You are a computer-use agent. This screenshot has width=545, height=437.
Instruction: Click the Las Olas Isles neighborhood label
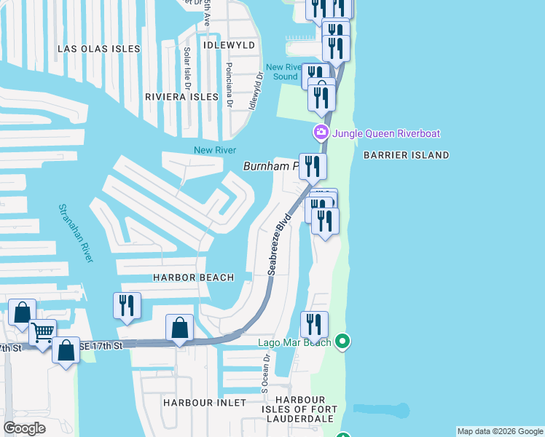click(98, 49)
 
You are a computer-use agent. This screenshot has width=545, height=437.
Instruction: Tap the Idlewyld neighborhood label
click(231, 45)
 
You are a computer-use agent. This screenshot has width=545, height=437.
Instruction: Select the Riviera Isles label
click(181, 97)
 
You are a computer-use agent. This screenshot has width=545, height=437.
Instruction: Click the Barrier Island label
click(406, 155)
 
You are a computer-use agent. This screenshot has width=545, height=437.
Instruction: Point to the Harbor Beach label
click(193, 277)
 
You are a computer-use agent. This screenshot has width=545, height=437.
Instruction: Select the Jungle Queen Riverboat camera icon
click(320, 133)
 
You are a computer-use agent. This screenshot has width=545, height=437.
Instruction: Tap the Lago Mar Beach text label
click(294, 342)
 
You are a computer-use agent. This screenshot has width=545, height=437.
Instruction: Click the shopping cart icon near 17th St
click(43, 332)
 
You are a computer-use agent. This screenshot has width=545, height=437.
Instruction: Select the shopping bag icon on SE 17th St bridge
click(179, 328)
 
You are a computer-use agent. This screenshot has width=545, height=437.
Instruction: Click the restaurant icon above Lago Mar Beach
click(314, 324)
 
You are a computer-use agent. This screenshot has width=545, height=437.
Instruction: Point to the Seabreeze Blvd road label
click(279, 243)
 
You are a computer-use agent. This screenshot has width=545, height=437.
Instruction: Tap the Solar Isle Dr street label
click(187, 64)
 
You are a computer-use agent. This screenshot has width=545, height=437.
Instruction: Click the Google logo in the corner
click(24, 428)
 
